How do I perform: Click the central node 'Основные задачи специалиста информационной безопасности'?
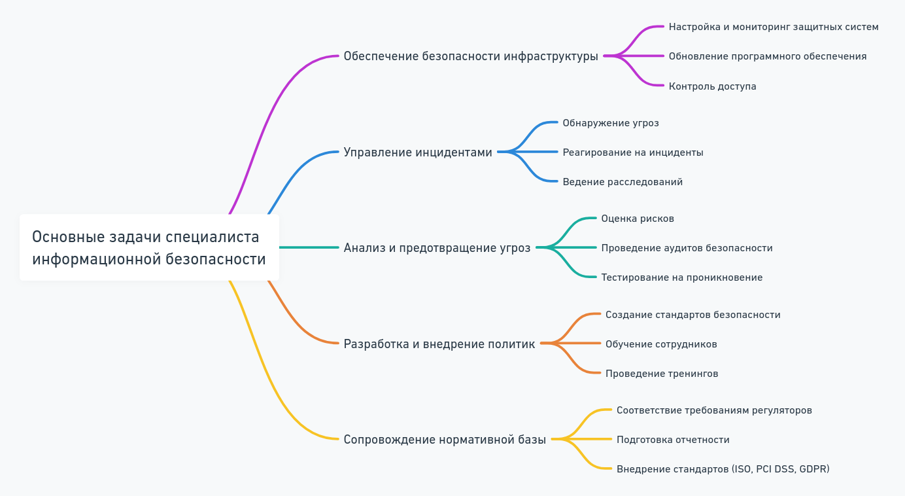click(x=149, y=247)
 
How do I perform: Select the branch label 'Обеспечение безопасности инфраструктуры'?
click(x=471, y=56)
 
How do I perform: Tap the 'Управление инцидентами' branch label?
click(x=418, y=152)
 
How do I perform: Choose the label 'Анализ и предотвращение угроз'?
click(x=437, y=248)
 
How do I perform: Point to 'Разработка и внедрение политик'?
click(x=439, y=344)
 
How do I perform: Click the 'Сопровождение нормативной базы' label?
click(x=445, y=440)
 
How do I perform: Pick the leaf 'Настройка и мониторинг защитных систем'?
click(x=774, y=27)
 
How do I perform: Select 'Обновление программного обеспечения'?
click(x=767, y=56)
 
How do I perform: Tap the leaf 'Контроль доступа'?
click(x=712, y=86)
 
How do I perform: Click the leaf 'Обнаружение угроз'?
click(x=611, y=123)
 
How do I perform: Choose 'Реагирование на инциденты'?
click(x=633, y=152)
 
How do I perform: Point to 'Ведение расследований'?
click(x=623, y=182)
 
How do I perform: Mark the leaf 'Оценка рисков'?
click(x=638, y=219)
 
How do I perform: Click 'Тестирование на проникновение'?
click(x=681, y=277)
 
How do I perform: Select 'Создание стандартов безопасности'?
click(x=692, y=315)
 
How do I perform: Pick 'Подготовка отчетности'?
click(x=673, y=440)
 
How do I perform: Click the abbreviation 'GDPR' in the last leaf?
click(x=813, y=469)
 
